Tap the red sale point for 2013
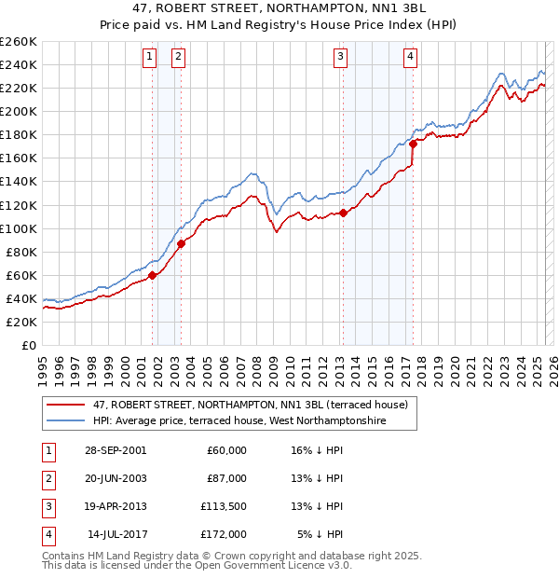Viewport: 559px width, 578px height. pos(343,213)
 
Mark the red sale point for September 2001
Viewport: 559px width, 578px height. pos(152,275)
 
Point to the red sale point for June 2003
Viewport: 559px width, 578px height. pos(181,243)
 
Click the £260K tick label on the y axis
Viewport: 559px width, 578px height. pos(18,42)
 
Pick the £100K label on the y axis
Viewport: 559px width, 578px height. pos(18,228)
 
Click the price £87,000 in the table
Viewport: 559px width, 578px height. pos(226,477)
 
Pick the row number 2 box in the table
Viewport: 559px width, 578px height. pos(47,477)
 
